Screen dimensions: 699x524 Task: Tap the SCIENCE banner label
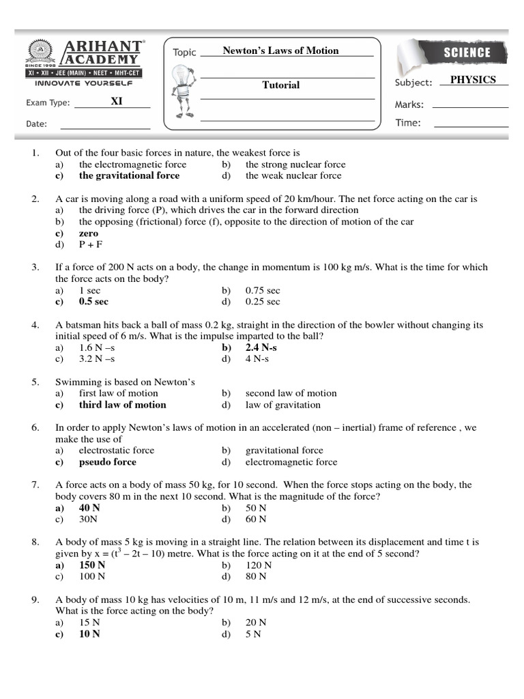pyautogui.click(x=467, y=53)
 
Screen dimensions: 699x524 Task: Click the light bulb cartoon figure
pyautogui.click(x=181, y=89)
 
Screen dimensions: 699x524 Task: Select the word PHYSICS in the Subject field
pyautogui.click(x=473, y=80)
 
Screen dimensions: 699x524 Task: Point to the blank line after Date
pyautogui.click(x=105, y=128)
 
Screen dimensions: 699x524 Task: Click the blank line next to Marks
pyautogui.click(x=470, y=107)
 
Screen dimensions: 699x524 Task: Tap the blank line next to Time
pyautogui.click(x=471, y=127)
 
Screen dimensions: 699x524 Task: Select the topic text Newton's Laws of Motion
pyautogui.click(x=280, y=51)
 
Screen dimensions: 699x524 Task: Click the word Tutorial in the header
pyautogui.click(x=281, y=85)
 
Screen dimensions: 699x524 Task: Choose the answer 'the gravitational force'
pyautogui.click(x=129, y=175)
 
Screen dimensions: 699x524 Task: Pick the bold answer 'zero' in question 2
pyautogui.click(x=89, y=233)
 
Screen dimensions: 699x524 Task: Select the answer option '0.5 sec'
pyautogui.click(x=93, y=302)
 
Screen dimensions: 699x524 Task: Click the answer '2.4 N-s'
pyautogui.click(x=261, y=347)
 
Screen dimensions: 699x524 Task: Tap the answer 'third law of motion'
pyautogui.click(x=122, y=405)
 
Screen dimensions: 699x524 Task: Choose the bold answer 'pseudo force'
pyautogui.click(x=107, y=462)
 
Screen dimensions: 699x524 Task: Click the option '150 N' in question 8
pyautogui.click(x=92, y=565)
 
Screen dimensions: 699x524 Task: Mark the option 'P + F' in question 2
pyautogui.click(x=91, y=244)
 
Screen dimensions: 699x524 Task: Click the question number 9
pyautogui.click(x=35, y=600)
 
